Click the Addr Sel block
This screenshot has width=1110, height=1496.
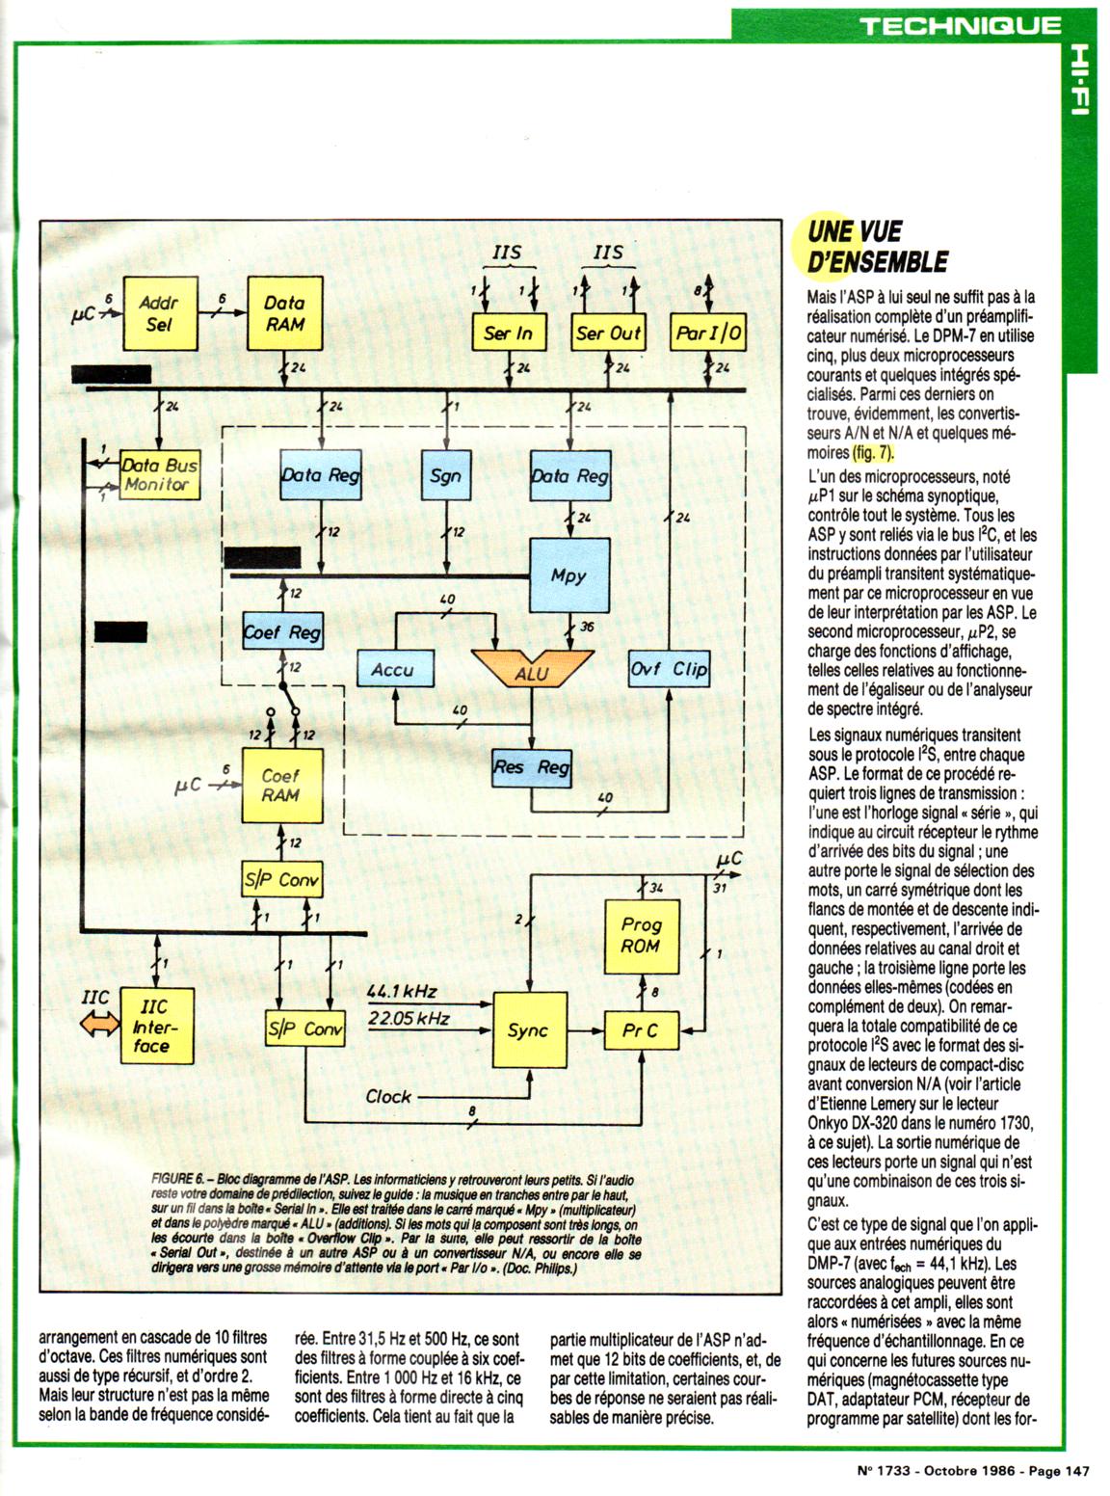pos(160,313)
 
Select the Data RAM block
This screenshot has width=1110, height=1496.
pos(284,313)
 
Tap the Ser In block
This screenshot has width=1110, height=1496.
pos(508,334)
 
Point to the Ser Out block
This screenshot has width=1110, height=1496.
pos(608,334)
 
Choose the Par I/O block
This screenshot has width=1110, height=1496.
pos(708,334)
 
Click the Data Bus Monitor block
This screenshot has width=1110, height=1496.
pos(159,475)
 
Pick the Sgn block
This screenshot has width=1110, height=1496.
pos(445,474)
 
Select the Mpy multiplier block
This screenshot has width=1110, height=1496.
pos(569,576)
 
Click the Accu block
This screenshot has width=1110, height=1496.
pos(393,668)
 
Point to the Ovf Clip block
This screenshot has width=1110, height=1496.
pos(669,668)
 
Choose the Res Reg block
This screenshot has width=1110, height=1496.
pos(531,767)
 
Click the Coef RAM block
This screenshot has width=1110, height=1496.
pos(280,786)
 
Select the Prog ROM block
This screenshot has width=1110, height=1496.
pos(641,935)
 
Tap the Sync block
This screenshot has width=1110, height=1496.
pos(528,1030)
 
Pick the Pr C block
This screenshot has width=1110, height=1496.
pos(641,1030)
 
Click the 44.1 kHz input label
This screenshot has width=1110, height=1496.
pos(402,991)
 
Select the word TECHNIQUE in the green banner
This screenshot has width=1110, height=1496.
pos(960,25)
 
